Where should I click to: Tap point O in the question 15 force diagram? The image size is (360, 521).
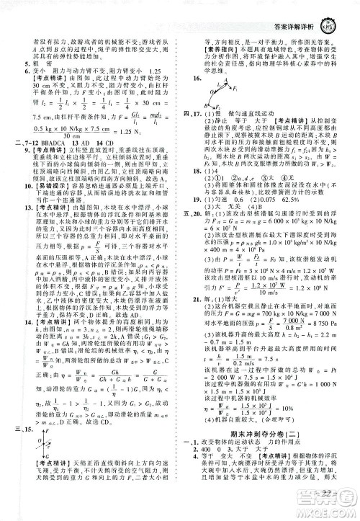click(50, 469)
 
